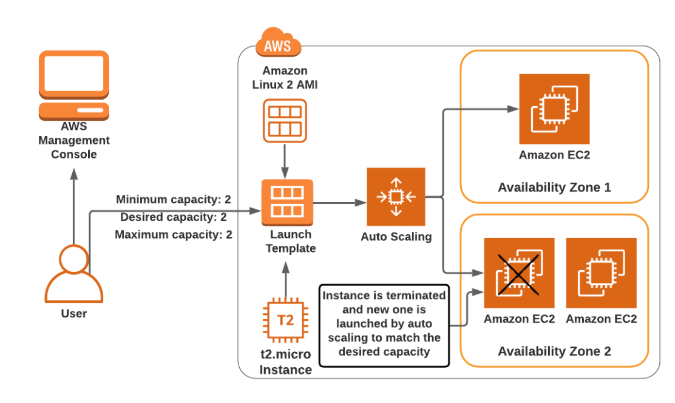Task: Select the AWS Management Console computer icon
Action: (74, 85)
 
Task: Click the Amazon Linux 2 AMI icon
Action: (285, 120)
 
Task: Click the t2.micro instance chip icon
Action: (285, 320)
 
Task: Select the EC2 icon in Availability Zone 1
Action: (554, 109)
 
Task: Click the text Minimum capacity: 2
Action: (174, 200)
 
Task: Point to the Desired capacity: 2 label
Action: (174, 217)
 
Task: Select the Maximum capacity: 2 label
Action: (174, 235)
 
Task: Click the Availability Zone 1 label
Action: (554, 187)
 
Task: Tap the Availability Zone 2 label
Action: (554, 351)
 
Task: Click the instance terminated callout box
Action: (384, 325)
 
